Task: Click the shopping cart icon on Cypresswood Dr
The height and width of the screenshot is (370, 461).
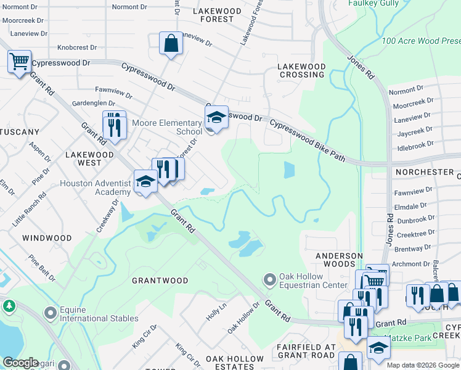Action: pos(19,62)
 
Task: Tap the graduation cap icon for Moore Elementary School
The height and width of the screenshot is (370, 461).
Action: pos(216,117)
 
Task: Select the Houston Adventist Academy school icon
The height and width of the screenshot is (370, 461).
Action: pos(145,182)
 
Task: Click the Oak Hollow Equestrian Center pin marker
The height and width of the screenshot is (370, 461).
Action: pos(269,280)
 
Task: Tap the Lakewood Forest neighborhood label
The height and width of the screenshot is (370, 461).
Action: pos(213,15)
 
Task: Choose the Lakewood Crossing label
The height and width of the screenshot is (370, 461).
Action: pos(301,70)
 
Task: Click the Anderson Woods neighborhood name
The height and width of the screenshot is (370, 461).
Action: pos(339,260)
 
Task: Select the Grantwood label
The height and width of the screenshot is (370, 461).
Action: pos(160,281)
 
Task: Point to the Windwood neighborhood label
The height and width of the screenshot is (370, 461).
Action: pos(47,237)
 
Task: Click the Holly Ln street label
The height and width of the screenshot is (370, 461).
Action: pos(216,308)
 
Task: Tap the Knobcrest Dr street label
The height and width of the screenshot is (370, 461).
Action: pos(77,47)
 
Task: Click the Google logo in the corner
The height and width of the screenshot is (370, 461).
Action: pos(20,363)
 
